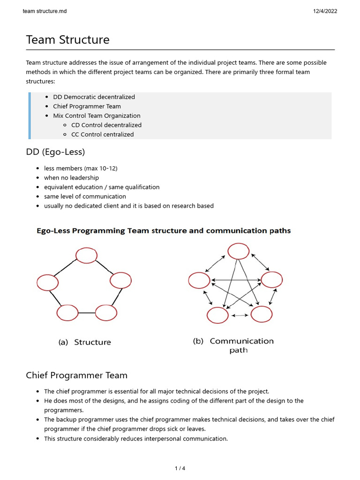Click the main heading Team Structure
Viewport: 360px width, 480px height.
[x=67, y=40]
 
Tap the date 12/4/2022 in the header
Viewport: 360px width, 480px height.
[x=325, y=11]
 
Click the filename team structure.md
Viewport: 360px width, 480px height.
[x=45, y=11]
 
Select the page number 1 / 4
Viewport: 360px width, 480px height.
[x=180, y=468]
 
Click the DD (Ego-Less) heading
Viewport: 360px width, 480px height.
[x=55, y=152]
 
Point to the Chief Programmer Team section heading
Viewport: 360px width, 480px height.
[x=76, y=375]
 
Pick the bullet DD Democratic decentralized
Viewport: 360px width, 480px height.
[x=94, y=97]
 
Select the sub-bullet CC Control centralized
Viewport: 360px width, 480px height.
[x=102, y=135]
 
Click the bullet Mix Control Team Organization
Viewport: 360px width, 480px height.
[x=97, y=116]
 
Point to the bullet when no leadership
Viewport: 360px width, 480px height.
[x=71, y=178]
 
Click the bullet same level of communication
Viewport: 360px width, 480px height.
[x=85, y=196]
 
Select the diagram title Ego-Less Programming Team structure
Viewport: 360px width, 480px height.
[x=164, y=231]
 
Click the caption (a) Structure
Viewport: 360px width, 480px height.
[x=85, y=342]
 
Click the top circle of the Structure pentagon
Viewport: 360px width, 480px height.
[x=86, y=255]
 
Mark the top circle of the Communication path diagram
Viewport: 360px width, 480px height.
[x=239, y=251]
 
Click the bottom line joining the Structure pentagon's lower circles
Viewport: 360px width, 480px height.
[x=87, y=312]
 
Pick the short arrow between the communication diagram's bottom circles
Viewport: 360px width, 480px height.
[x=240, y=315]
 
